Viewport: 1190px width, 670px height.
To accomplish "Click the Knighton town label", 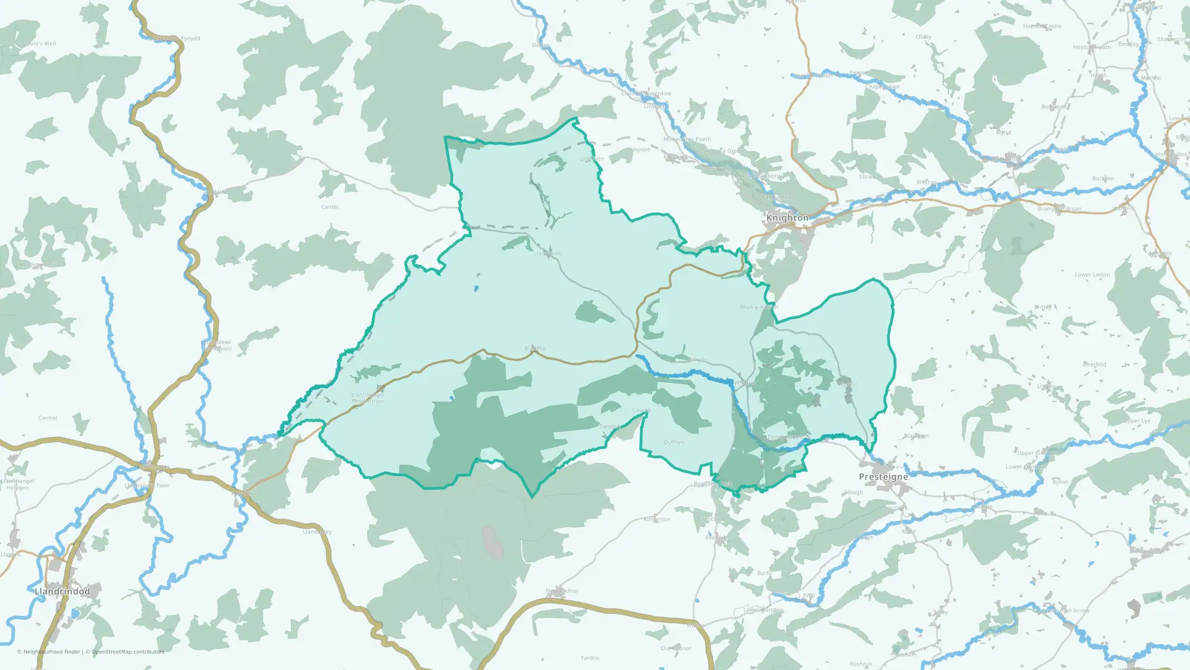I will pyautogui.click(x=787, y=218).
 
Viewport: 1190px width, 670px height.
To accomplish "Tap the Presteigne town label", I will pyautogui.click(x=884, y=477).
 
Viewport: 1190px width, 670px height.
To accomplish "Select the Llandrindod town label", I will pyautogui.click(x=62, y=591).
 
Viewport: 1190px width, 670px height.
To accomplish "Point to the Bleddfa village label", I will pyautogui.click(x=534, y=348).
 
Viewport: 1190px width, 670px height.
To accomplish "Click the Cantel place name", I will pyautogui.click(x=330, y=207).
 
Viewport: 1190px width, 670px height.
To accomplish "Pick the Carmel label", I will pyautogui.click(x=48, y=418).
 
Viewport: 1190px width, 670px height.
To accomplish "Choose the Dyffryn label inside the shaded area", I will pyautogui.click(x=674, y=442).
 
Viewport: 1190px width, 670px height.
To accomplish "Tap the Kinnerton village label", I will pyautogui.click(x=657, y=519).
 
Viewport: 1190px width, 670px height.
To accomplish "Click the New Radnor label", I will pyautogui.click(x=562, y=591).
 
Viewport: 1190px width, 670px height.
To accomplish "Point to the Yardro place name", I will pyautogui.click(x=590, y=657).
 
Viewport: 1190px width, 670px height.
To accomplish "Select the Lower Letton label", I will pyautogui.click(x=1092, y=275).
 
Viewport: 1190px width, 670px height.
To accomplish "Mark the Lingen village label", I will pyautogui.click(x=1046, y=386).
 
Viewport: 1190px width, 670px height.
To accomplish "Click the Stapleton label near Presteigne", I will pyautogui.click(x=916, y=436).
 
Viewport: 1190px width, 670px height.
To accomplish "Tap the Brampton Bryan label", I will pyautogui.click(x=1059, y=209).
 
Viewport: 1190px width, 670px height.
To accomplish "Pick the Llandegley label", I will pyautogui.click(x=317, y=532).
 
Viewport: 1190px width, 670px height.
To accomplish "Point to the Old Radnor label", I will pyautogui.click(x=676, y=648).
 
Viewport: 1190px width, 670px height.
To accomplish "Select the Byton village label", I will pyautogui.click(x=1060, y=482).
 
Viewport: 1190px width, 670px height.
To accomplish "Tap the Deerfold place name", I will pyautogui.click(x=1094, y=364).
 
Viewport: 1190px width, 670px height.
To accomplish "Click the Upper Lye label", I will pyautogui.click(x=1136, y=421).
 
